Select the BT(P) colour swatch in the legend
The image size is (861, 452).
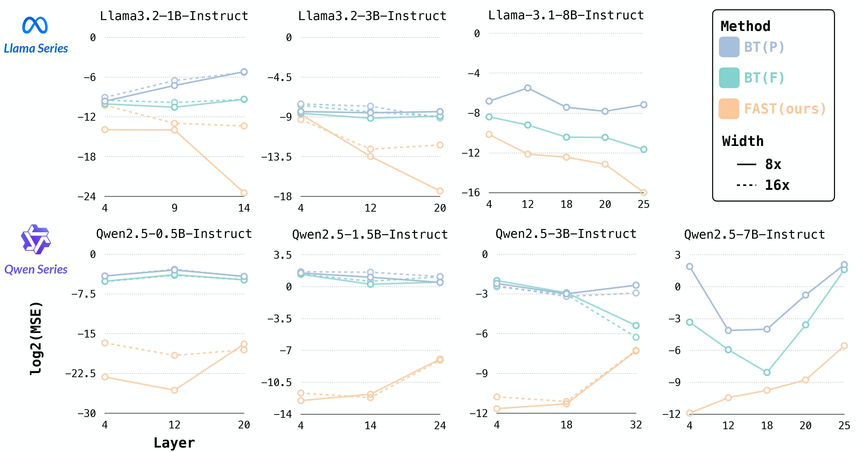[729, 47]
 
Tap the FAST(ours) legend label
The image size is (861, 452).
[785, 109]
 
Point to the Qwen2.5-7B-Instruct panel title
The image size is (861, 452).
[754, 234]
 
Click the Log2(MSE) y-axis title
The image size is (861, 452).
[36, 338]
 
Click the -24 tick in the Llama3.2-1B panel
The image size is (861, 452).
[87, 197]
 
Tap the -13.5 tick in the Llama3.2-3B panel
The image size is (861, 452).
[276, 157]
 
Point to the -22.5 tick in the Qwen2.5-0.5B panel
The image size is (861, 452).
[80, 373]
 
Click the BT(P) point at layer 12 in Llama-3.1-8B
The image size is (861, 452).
[527, 88]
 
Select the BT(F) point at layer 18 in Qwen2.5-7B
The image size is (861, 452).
[767, 372]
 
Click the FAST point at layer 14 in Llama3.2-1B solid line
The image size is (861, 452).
[244, 193]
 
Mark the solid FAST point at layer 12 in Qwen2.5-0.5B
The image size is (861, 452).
[174, 390]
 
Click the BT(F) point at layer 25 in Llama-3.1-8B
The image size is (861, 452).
[643, 149]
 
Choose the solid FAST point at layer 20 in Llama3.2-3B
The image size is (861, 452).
[440, 191]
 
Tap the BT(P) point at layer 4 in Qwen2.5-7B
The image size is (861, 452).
[689, 267]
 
